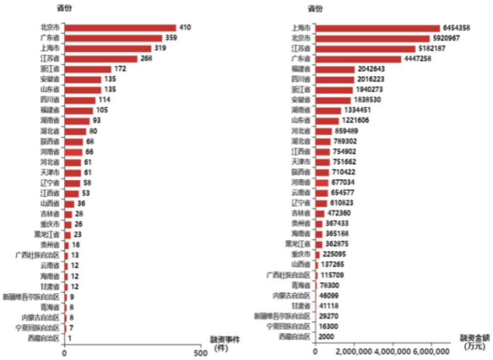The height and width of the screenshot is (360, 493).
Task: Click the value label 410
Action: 185,27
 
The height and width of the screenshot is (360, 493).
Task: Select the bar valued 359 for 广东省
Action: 113,37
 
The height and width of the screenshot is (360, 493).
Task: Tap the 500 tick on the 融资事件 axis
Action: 201,353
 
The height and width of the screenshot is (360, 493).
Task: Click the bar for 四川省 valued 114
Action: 80,99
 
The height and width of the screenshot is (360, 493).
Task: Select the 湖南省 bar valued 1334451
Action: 333,110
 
